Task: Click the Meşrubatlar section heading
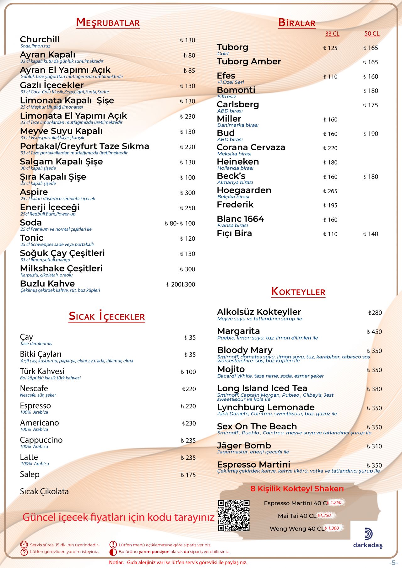coord(108,23)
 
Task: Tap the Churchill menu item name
coord(40,39)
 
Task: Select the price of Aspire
coord(187,193)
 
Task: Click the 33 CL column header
coord(332,34)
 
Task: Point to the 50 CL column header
coord(372,34)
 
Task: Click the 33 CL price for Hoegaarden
coord(330,191)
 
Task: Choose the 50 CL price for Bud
coord(370,134)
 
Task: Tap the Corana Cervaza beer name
coord(251,147)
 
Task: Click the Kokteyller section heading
coord(298,292)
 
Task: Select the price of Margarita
coord(374,332)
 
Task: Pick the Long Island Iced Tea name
coord(262,388)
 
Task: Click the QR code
coord(234,515)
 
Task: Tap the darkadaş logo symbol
coord(368,534)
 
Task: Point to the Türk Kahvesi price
coord(188,372)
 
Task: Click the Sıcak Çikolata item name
coord(44,491)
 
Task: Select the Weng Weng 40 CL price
coord(332,528)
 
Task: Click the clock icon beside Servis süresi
coord(24,544)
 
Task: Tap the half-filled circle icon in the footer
coord(113,552)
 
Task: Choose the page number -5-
coord(393,563)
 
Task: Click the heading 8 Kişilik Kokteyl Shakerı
coord(297,489)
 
